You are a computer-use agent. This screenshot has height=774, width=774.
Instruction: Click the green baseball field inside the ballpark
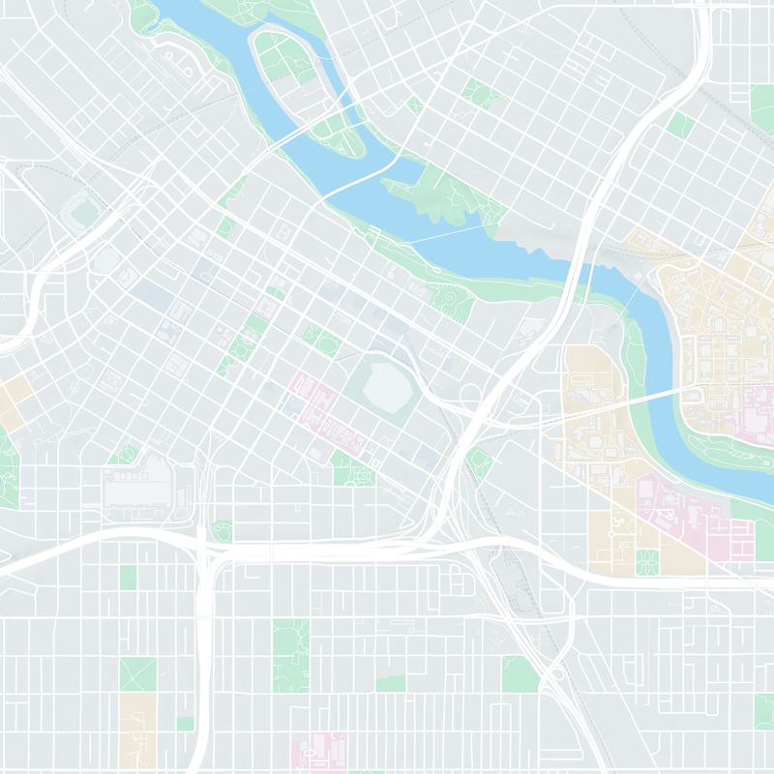tap(80, 211)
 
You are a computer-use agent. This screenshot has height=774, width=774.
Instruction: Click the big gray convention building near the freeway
tap(138, 481)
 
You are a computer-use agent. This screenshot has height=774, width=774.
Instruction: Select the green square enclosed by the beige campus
tap(647, 558)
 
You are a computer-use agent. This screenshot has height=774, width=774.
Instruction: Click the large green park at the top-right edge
tap(763, 106)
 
